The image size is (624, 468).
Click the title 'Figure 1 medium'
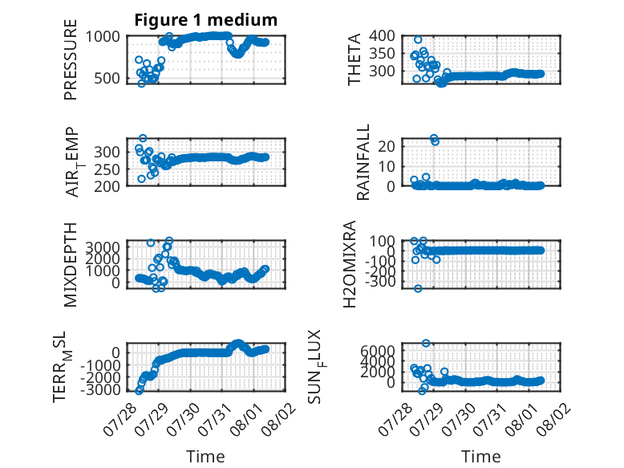tap(206, 20)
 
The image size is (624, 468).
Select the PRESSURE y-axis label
tap(70, 59)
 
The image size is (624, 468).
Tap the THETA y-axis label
tap(355, 59)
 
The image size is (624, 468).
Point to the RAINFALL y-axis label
tap(363, 162)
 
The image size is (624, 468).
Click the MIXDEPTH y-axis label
tap(70, 265)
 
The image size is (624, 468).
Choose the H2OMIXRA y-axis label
tap(350, 264)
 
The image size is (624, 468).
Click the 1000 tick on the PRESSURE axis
tap(103, 37)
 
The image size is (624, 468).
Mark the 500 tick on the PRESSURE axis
tap(107, 79)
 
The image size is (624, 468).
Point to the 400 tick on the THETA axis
tap(382, 36)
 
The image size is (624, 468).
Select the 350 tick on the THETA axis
tap(382, 54)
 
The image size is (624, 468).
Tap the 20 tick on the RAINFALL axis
tap(387, 146)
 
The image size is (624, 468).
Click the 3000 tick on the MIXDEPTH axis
tap(103, 247)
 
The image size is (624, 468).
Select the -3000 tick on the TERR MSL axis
tap(100, 389)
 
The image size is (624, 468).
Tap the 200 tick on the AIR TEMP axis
tap(107, 186)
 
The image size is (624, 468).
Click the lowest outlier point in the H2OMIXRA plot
tap(418, 288)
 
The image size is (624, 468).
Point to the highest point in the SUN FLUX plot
tap(426, 343)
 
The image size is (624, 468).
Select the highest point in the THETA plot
tap(418, 39)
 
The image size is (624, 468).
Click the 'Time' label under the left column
tap(206, 456)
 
